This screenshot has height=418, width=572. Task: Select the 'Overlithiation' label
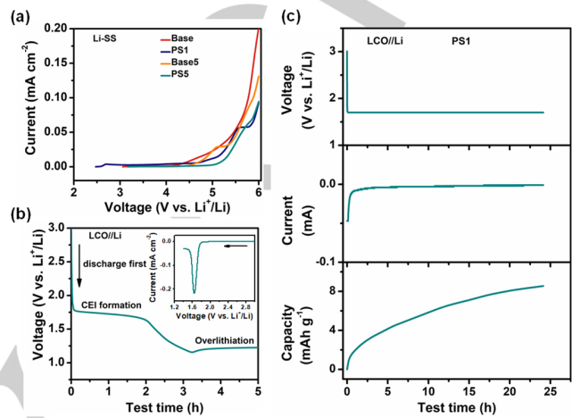click(x=224, y=339)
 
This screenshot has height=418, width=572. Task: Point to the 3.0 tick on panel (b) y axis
click(x=56, y=228)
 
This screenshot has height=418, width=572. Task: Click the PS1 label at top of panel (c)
click(x=462, y=41)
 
